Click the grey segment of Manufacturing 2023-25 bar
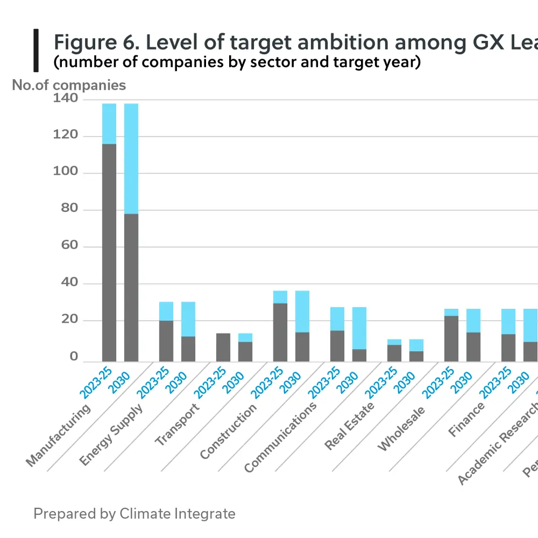(109, 253)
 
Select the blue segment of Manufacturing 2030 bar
(131, 159)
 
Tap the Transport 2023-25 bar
(223, 348)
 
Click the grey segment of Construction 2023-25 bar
(280, 332)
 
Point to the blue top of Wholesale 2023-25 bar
(451, 313)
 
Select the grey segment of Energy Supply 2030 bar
(188, 349)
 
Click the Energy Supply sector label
(111, 435)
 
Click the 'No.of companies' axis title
(69, 85)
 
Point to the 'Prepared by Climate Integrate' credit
(134, 513)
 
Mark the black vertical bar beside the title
(36, 51)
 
